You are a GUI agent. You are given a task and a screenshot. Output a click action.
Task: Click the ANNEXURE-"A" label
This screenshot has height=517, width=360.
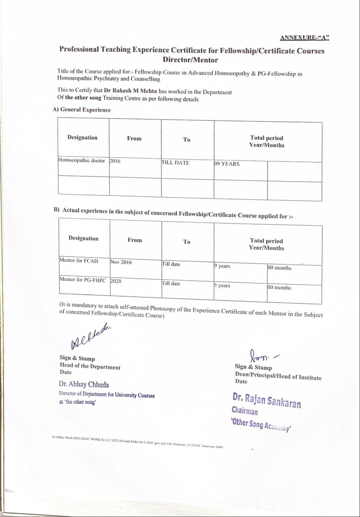tap(305, 38)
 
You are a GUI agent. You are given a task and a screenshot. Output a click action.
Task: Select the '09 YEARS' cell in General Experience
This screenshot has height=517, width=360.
tap(227, 164)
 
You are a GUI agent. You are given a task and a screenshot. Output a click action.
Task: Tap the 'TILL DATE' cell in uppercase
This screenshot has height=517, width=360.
tap(176, 163)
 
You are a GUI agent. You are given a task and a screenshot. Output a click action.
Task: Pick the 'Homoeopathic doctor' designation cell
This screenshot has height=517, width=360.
tap(82, 161)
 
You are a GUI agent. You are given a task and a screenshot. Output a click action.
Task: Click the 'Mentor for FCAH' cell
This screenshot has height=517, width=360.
tap(79, 261)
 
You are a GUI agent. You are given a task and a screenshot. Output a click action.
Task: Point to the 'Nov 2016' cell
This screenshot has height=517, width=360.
tap(121, 262)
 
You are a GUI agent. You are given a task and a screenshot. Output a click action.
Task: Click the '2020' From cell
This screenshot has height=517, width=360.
tap(116, 281)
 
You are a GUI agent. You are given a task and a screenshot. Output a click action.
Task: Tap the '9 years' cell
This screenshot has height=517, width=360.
tap(222, 266)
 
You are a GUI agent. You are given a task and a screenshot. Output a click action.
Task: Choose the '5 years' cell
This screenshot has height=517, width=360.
tap(222, 286)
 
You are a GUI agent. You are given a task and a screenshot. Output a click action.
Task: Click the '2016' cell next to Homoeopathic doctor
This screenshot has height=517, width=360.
tap(115, 161)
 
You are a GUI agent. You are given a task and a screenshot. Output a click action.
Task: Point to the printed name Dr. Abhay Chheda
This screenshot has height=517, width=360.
tap(84, 385)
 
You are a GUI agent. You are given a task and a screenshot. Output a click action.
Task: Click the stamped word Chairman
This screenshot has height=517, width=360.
tap(245, 411)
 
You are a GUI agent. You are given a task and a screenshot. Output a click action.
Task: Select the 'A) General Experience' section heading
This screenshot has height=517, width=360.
tap(82, 110)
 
